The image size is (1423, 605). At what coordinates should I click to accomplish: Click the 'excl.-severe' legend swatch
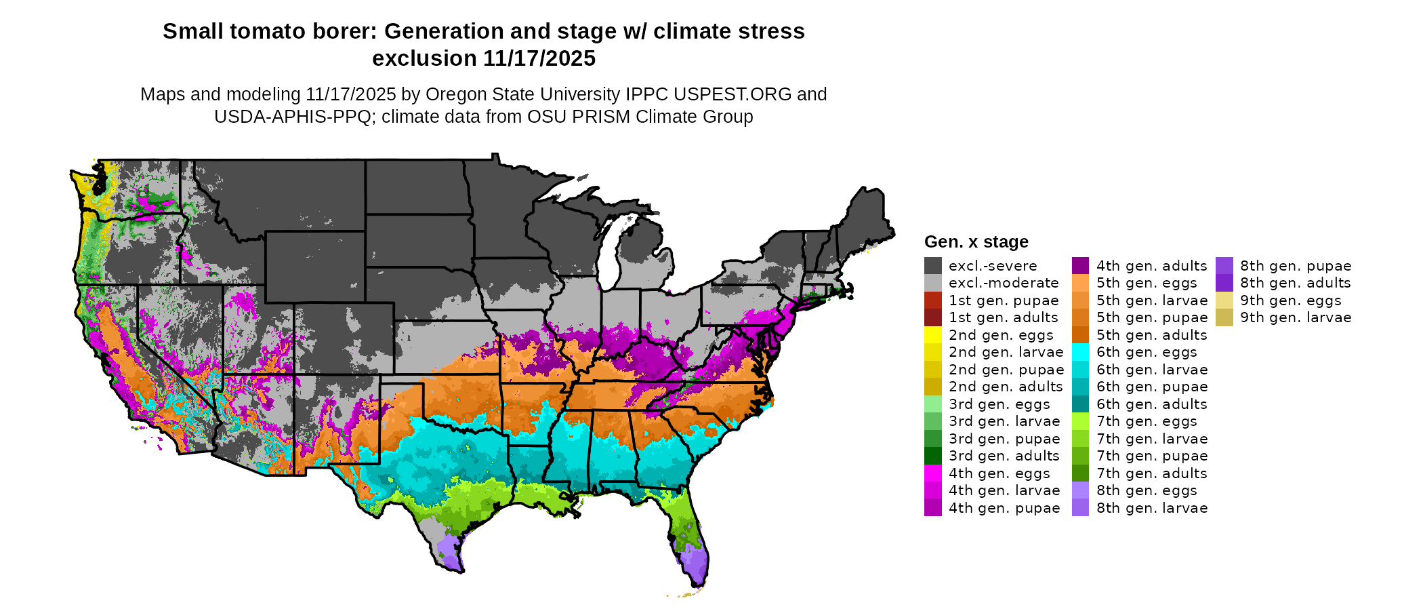(932, 266)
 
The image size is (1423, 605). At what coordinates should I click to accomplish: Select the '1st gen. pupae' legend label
(1004, 300)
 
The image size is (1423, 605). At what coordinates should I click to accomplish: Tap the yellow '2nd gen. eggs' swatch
(932, 335)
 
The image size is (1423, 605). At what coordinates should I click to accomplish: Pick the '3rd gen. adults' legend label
(1004, 456)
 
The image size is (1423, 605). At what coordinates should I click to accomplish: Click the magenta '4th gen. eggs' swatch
(932, 473)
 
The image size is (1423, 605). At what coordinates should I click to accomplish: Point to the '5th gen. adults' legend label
(1151, 335)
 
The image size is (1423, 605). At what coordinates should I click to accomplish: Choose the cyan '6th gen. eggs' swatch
(1080, 352)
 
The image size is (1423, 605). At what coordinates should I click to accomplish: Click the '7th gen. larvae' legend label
(1151, 439)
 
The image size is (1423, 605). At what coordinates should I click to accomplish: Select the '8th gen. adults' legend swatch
(1224, 283)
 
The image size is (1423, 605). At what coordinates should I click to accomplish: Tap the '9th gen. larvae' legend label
(1296, 317)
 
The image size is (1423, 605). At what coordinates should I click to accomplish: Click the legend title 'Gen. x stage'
(976, 242)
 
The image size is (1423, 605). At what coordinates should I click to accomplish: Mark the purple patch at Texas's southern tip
(448, 549)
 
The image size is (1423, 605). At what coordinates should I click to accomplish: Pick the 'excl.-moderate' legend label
(1003, 283)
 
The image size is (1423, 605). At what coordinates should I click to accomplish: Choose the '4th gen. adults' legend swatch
(1080, 266)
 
